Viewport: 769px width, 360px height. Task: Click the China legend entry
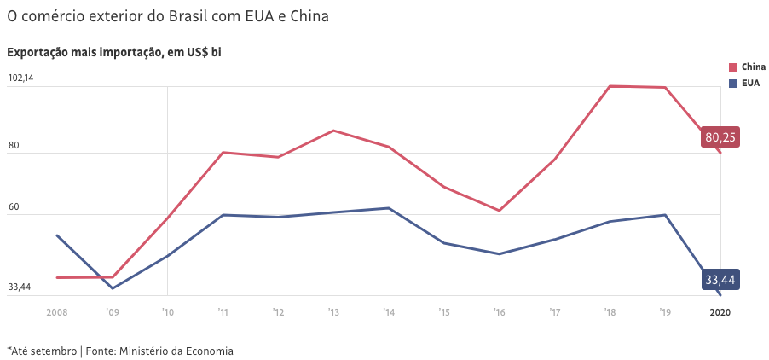pyautogui.click(x=747, y=67)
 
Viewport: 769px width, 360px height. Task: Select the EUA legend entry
pyautogui.click(x=744, y=83)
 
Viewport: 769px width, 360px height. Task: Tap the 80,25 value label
pyautogui.click(x=720, y=136)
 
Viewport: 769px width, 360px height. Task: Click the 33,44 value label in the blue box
pyautogui.click(x=720, y=280)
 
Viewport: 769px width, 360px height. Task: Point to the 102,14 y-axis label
pyautogui.click(x=20, y=78)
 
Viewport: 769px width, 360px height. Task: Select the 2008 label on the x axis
pyautogui.click(x=57, y=313)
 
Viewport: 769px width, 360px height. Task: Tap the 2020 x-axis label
pyautogui.click(x=720, y=313)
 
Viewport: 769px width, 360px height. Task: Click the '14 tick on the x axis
pyautogui.click(x=388, y=313)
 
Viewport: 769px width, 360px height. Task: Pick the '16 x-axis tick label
pyautogui.click(x=499, y=313)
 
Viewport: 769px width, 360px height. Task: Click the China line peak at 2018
pyautogui.click(x=610, y=86)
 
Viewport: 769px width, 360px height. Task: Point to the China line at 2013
pyautogui.click(x=333, y=131)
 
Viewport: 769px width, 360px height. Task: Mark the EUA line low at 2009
pyautogui.click(x=113, y=288)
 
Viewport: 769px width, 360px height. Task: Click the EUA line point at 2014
pyautogui.click(x=389, y=208)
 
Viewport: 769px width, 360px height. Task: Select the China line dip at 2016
pyautogui.click(x=500, y=210)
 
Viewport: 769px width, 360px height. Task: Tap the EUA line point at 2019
pyautogui.click(x=665, y=215)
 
